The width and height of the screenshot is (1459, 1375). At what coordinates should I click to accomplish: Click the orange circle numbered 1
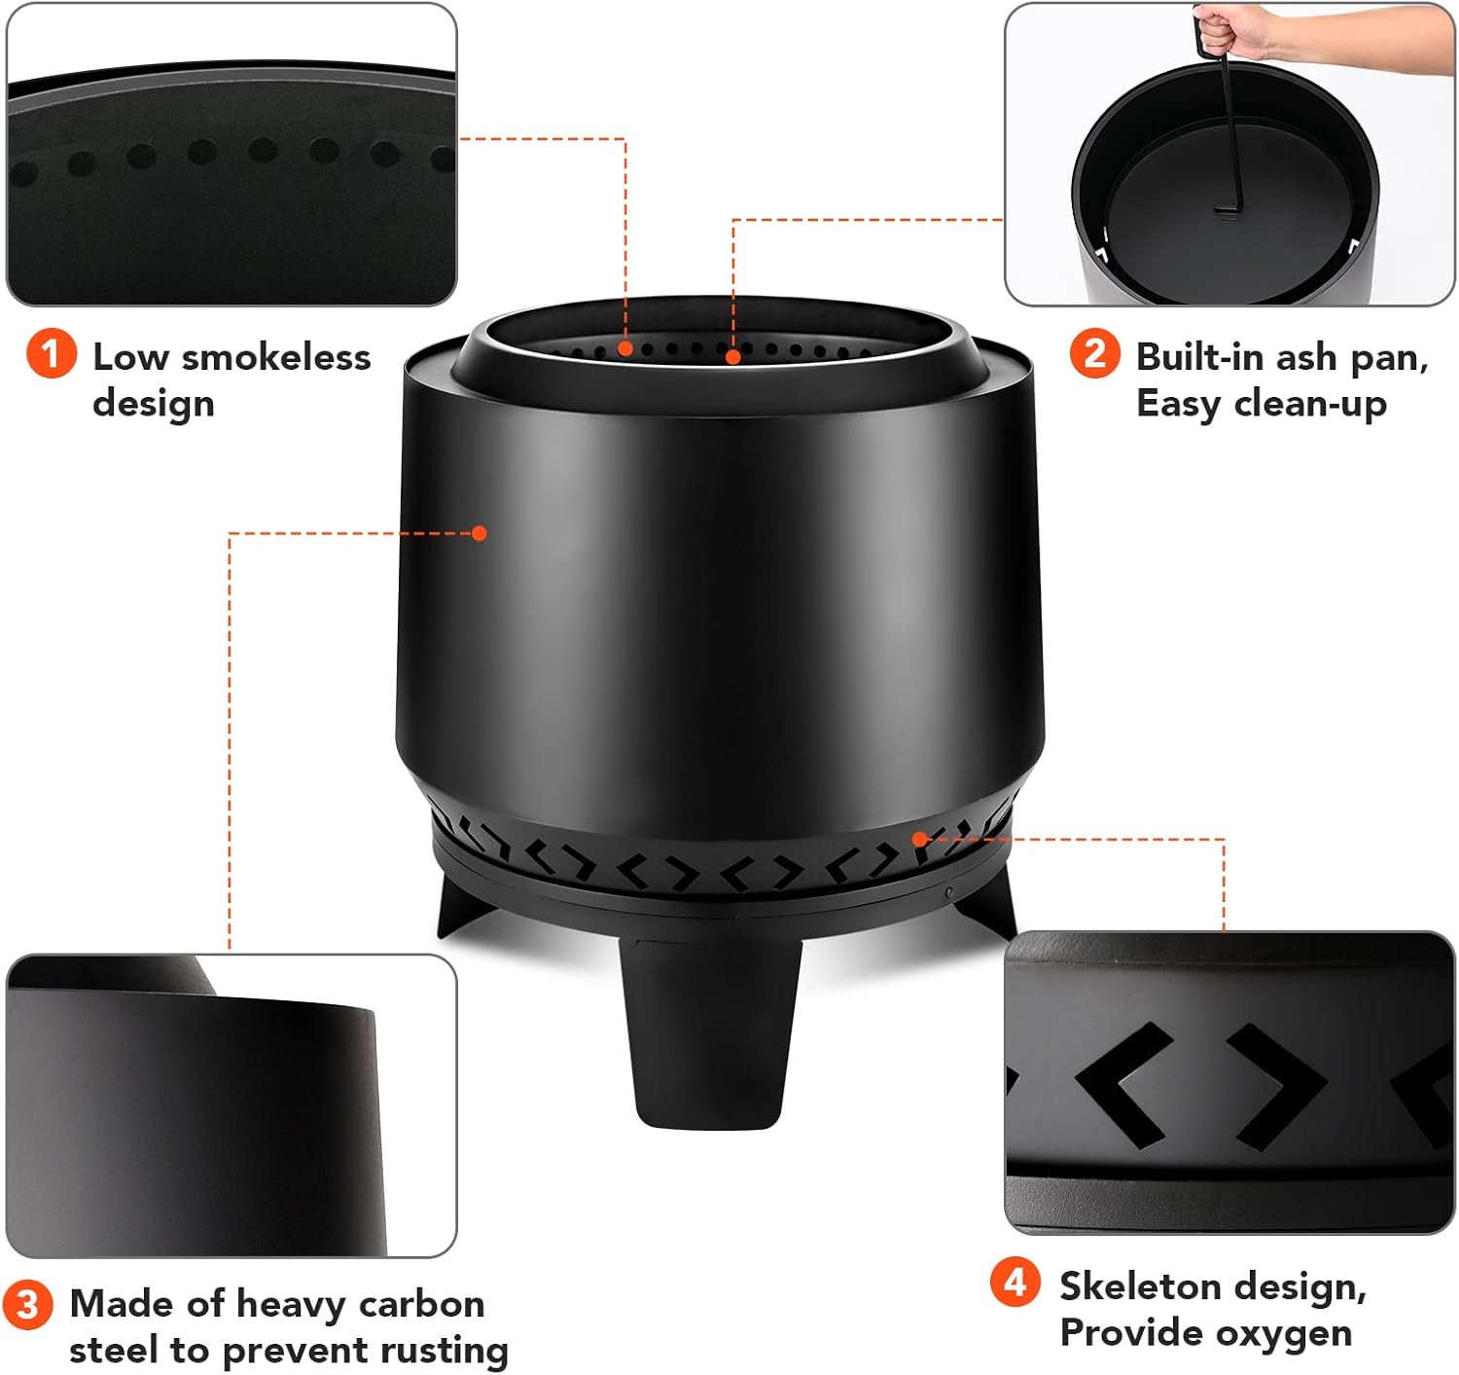click(x=52, y=353)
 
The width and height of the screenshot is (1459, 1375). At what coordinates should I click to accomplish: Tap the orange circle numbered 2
click(x=1094, y=353)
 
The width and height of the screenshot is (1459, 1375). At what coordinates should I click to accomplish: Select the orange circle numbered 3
click(x=27, y=1305)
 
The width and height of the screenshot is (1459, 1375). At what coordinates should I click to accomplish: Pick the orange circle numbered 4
click(x=1014, y=1283)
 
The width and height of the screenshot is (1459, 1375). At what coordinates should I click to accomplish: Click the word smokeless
click(x=276, y=357)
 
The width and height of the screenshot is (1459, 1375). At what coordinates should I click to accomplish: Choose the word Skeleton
click(x=1133, y=1286)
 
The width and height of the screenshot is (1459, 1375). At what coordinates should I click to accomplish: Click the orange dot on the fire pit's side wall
click(x=480, y=533)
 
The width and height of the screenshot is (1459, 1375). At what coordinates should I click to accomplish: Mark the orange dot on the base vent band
click(x=919, y=838)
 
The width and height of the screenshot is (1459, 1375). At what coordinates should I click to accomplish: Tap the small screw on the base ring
click(x=949, y=892)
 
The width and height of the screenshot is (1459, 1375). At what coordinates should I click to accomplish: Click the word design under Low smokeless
click(x=154, y=405)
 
